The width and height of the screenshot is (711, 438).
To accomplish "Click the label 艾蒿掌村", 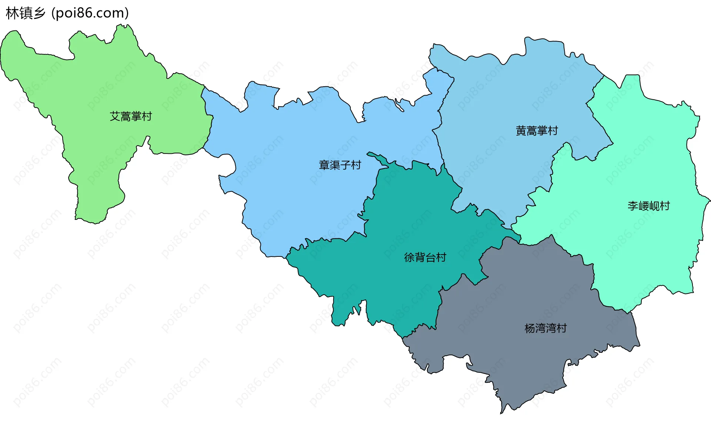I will [131, 116].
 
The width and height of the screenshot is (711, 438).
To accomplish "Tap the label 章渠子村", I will [340, 165].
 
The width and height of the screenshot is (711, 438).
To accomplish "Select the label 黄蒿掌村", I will [537, 131].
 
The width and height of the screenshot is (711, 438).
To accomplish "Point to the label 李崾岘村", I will [649, 206].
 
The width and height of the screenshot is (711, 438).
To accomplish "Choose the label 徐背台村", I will [425, 257].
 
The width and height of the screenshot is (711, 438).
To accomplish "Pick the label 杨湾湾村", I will [545, 328].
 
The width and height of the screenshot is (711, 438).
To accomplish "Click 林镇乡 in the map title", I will [26, 13].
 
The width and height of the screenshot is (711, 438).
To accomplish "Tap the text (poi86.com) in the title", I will [90, 13].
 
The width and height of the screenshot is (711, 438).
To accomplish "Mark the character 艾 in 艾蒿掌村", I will [115, 116].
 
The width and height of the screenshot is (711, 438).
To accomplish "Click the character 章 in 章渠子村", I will [324, 165].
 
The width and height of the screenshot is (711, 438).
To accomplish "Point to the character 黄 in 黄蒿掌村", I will [521, 131].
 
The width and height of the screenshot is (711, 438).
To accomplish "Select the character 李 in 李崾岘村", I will [633, 206].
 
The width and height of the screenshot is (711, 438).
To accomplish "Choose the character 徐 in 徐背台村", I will [410, 257].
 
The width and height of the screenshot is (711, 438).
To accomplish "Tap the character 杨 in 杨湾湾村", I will [530, 328].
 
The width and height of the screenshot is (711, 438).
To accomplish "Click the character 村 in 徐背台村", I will [441, 257].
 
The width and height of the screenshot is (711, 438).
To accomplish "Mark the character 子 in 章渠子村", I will [345, 165].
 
